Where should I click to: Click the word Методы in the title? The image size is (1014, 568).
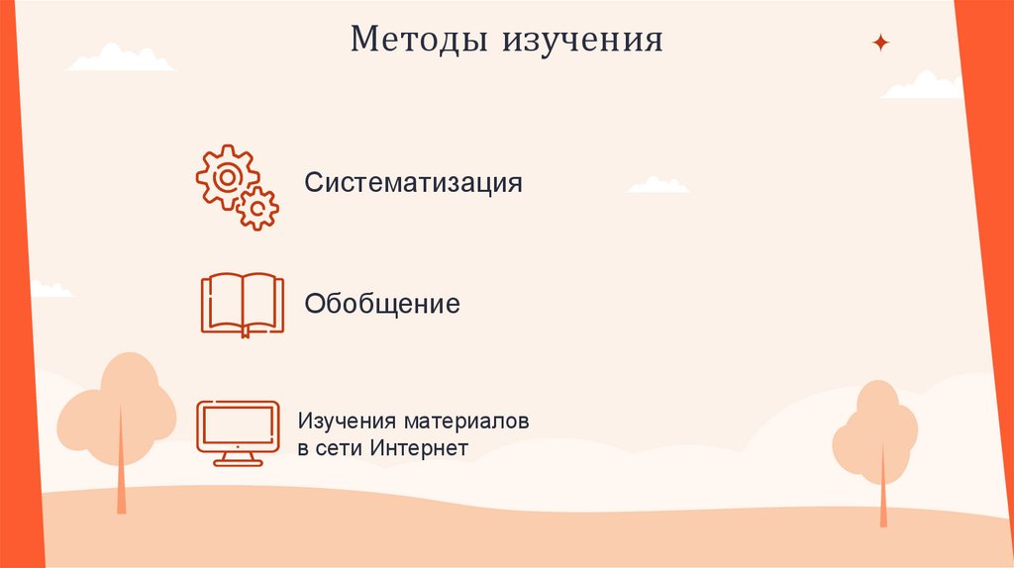420,41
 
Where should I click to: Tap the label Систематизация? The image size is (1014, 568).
413,183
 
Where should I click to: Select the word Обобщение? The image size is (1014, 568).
382,304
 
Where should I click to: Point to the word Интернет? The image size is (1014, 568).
419,447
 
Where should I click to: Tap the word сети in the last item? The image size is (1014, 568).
341,447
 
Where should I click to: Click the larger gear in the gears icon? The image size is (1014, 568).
227,176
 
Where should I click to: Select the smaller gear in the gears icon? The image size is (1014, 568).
258,209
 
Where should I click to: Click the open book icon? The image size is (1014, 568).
242,304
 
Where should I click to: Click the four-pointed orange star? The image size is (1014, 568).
879,43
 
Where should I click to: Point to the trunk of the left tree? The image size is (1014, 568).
121,475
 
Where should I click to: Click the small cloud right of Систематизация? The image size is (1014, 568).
659,185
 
